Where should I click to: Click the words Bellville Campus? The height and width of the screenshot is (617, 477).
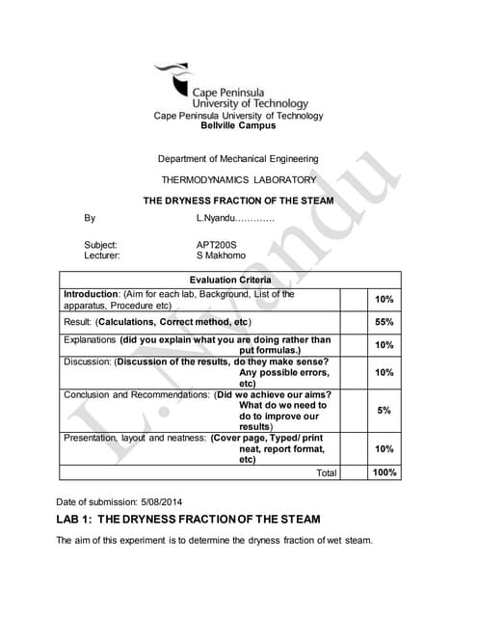coord(237,125)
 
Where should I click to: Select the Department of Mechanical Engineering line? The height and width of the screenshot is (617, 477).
coord(237,159)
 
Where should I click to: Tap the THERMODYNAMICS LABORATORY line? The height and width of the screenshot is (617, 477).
coord(237,180)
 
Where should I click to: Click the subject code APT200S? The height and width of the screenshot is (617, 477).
coord(216,245)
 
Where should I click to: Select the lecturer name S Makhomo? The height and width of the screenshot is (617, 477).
coord(221,255)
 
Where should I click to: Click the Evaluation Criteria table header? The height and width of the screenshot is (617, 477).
coord(229,280)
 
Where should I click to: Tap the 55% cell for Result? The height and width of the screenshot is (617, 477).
coord(384,321)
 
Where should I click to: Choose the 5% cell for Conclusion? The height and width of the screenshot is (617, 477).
coord(384,411)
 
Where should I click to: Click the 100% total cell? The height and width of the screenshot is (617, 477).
coord(384,472)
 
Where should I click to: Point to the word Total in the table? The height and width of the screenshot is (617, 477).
coord(327,473)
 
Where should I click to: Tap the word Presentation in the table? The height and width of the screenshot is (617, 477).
coord(93,438)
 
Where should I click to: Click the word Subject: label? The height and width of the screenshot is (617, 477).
coord(100,245)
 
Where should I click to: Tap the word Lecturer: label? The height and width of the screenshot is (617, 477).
coord(102,255)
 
